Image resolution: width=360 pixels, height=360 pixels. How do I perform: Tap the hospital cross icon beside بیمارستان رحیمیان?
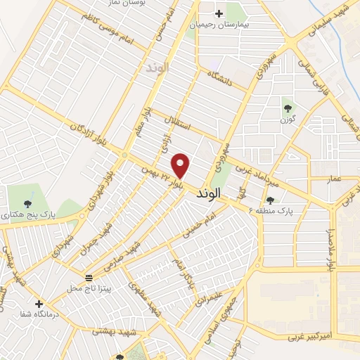click(x=219, y=13)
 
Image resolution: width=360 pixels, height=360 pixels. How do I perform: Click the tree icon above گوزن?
click(x=288, y=108)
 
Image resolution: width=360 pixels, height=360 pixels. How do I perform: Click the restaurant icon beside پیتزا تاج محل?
click(x=89, y=278)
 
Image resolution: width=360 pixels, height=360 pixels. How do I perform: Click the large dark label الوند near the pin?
click(x=210, y=192)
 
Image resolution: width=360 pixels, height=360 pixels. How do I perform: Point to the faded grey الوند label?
click(x=155, y=69)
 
